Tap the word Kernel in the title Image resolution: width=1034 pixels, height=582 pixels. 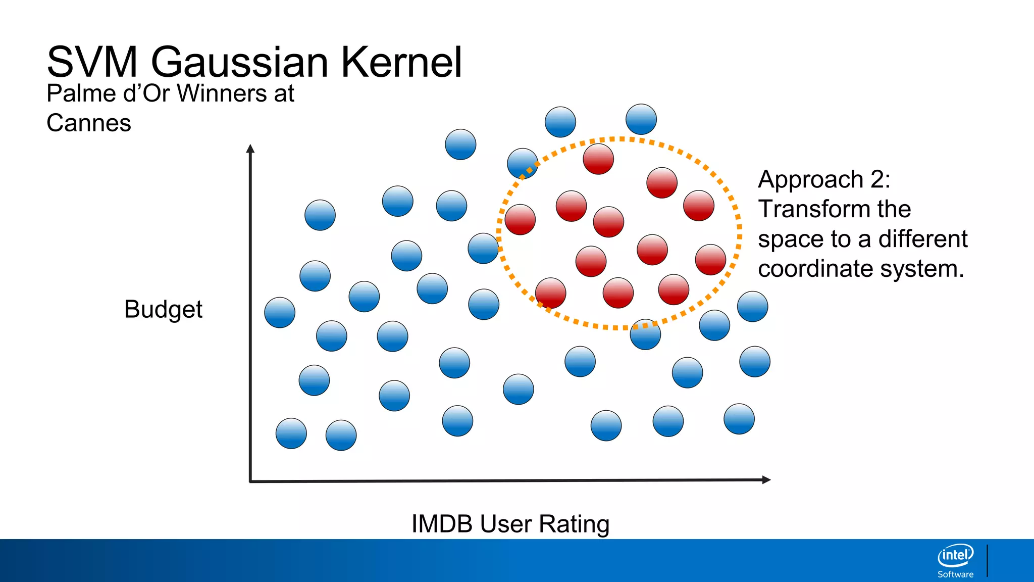401,62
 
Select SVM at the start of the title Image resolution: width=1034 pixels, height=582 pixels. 92,62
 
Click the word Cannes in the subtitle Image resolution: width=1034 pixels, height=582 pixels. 89,123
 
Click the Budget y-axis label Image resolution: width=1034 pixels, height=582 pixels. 163,309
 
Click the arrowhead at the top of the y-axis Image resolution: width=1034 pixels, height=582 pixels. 250,148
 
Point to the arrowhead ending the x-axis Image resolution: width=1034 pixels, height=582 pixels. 766,479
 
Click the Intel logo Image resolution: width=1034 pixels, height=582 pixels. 955,556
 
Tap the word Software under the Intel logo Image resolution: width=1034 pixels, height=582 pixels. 955,574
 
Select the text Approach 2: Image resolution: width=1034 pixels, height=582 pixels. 824,179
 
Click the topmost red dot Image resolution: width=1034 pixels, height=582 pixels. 598,159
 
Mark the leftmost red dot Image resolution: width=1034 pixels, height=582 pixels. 520,219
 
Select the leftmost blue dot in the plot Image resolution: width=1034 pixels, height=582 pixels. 280,312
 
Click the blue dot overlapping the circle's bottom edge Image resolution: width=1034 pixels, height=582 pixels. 645,334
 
